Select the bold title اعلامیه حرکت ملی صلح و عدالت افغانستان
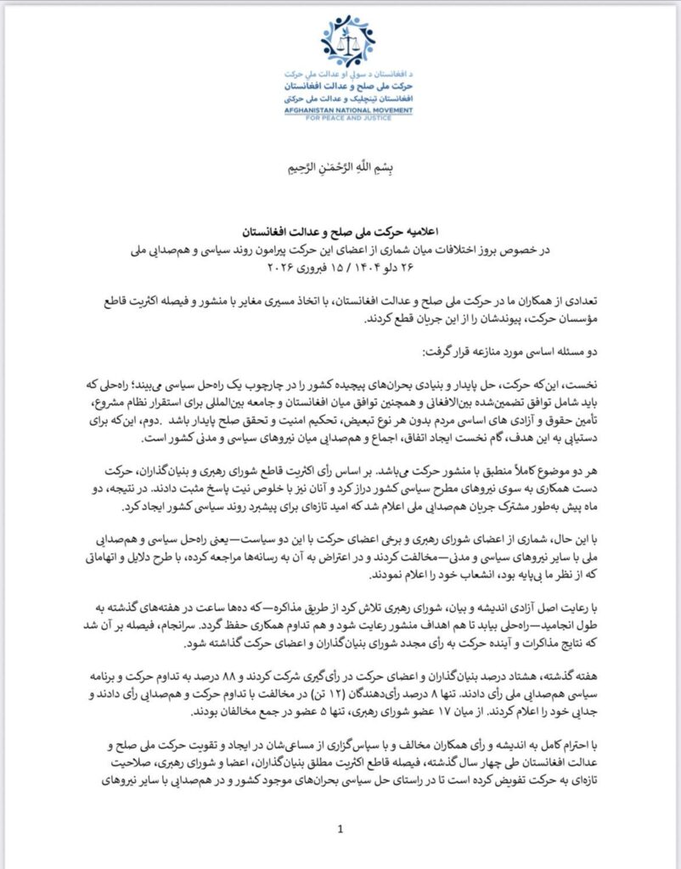coord(340,231)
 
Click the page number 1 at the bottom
coord(340,829)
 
